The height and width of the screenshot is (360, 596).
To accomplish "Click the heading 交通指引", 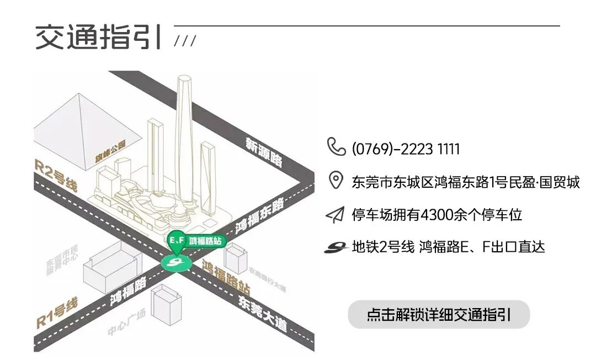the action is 99,38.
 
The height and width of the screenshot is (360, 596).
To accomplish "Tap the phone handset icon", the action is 336,147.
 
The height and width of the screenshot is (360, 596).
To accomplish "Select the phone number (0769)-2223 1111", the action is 406,149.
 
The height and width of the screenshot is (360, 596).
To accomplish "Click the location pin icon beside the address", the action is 336,181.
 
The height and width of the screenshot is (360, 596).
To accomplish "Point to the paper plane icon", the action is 335,214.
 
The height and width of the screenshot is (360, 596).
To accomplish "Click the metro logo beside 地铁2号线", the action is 336,247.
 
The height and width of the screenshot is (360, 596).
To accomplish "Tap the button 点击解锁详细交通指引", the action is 439,315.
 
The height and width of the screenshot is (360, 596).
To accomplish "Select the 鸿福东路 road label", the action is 259,217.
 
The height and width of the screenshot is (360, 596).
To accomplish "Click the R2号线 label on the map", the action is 55,176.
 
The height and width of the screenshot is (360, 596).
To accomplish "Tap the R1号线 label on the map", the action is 56,313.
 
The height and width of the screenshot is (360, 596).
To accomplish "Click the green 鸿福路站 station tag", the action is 197,241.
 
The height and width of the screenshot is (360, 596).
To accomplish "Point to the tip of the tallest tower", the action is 184,77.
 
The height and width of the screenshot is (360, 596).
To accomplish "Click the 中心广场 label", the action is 126,324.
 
